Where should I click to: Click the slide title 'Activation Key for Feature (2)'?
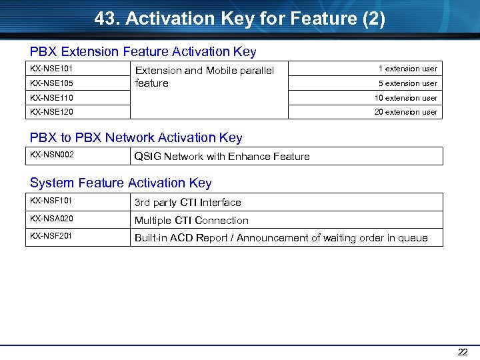click(x=239, y=19)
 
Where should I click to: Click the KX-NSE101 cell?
click(x=51, y=69)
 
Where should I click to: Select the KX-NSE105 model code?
click(x=51, y=83)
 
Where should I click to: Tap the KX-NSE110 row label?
click(x=51, y=98)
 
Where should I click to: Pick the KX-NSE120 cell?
click(x=51, y=112)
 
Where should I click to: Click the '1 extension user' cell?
click(x=407, y=69)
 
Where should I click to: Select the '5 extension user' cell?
click(x=407, y=83)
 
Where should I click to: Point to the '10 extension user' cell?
click(x=405, y=98)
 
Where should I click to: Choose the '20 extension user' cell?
click(x=405, y=112)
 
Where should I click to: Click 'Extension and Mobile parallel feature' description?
click(x=204, y=77)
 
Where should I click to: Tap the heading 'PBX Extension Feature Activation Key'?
click(x=143, y=51)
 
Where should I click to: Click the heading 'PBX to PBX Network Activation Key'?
click(x=136, y=138)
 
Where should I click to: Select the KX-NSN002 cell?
click(x=52, y=155)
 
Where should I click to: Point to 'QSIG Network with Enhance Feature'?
click(x=222, y=157)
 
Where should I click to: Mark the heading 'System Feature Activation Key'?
click(x=121, y=183)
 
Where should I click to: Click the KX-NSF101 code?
click(x=51, y=200)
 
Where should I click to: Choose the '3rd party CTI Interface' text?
click(x=187, y=203)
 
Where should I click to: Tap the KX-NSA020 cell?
click(x=51, y=218)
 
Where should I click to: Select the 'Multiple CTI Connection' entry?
click(x=191, y=221)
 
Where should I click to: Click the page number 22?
click(x=463, y=352)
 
